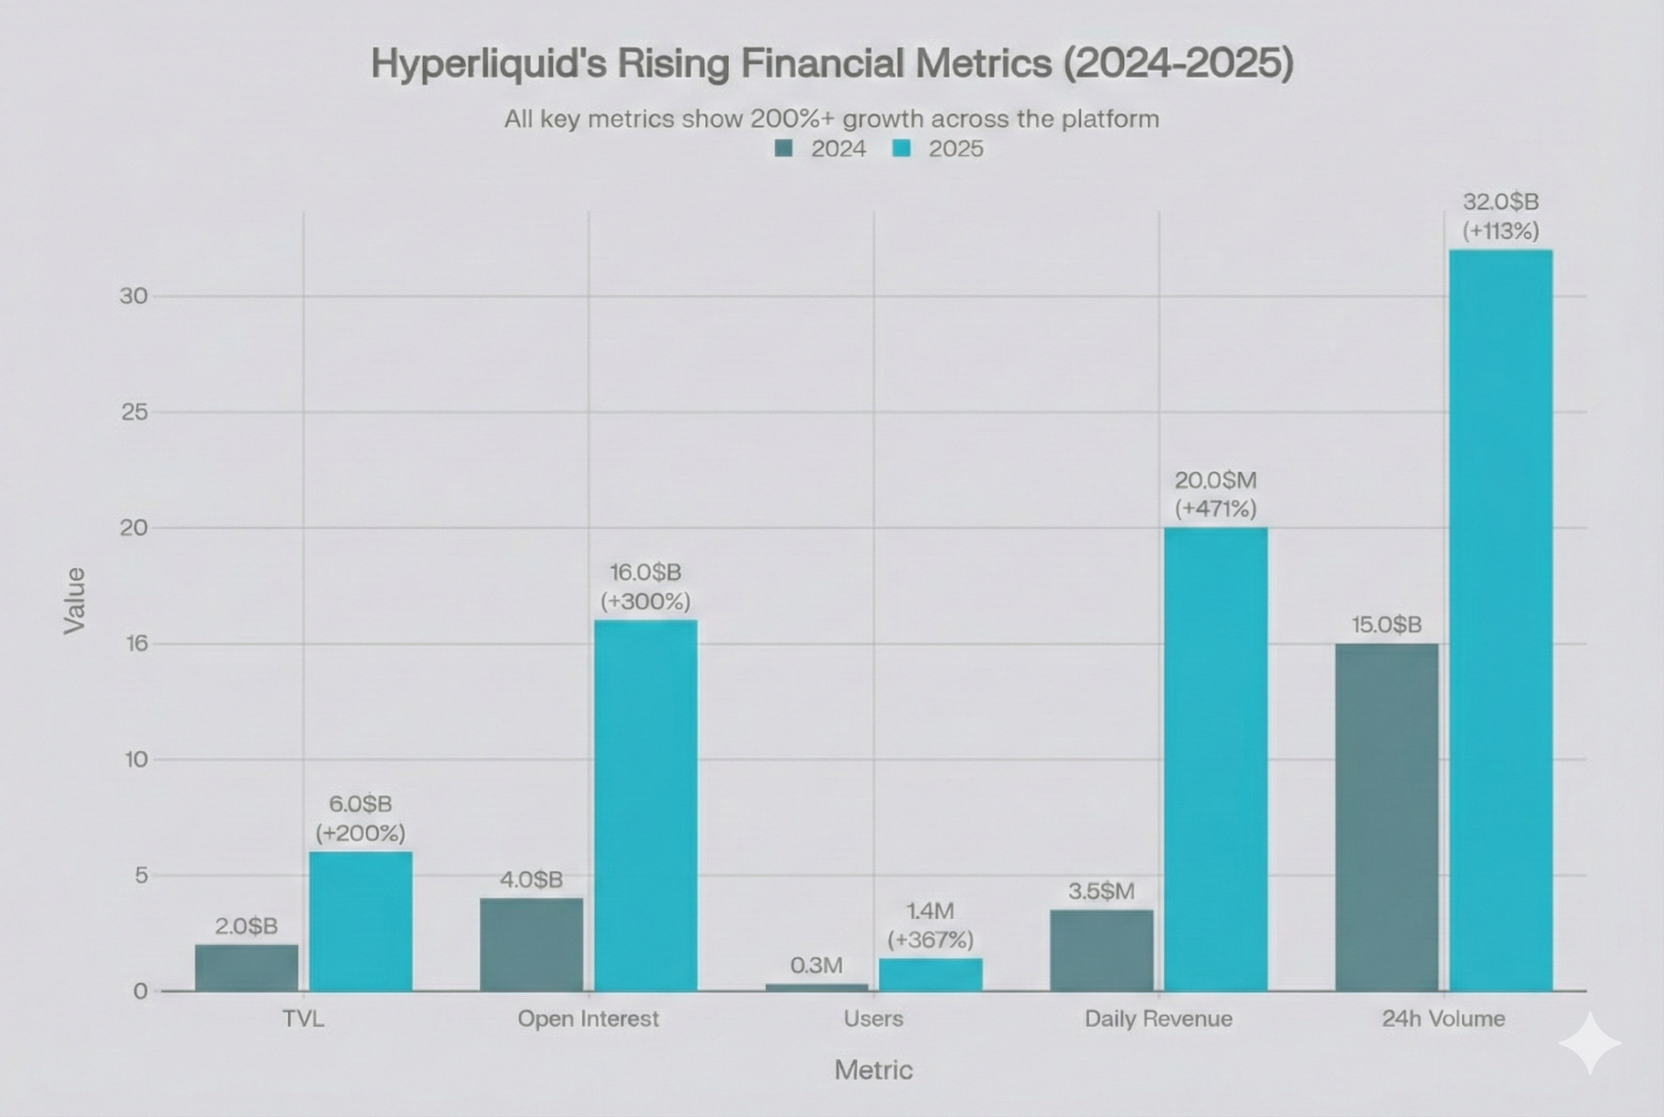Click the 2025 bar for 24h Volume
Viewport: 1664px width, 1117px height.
click(x=1500, y=620)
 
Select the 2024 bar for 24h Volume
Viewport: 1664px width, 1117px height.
click(x=1386, y=817)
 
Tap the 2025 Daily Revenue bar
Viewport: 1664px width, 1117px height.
click(x=1216, y=758)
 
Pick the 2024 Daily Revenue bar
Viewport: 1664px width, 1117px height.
click(x=1102, y=950)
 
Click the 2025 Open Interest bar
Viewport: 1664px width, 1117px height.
click(x=646, y=805)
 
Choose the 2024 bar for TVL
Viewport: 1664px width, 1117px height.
click(x=246, y=967)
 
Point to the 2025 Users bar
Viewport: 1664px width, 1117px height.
click(x=930, y=974)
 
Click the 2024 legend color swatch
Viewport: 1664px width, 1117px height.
click(x=784, y=149)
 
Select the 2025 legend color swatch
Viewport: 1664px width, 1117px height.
click(x=901, y=149)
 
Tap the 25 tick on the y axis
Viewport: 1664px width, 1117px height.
click(x=134, y=411)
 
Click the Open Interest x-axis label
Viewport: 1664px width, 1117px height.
click(x=588, y=1019)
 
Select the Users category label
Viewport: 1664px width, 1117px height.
click(x=873, y=1019)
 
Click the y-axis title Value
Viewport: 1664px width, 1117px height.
click(x=75, y=600)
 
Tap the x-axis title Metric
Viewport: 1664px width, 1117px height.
click(x=873, y=1070)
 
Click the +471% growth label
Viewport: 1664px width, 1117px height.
click(x=1216, y=509)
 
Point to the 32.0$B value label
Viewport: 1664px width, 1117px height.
click(x=1500, y=202)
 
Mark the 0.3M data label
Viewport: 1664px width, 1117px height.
click(x=816, y=966)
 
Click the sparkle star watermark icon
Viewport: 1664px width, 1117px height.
click(x=1590, y=1043)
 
